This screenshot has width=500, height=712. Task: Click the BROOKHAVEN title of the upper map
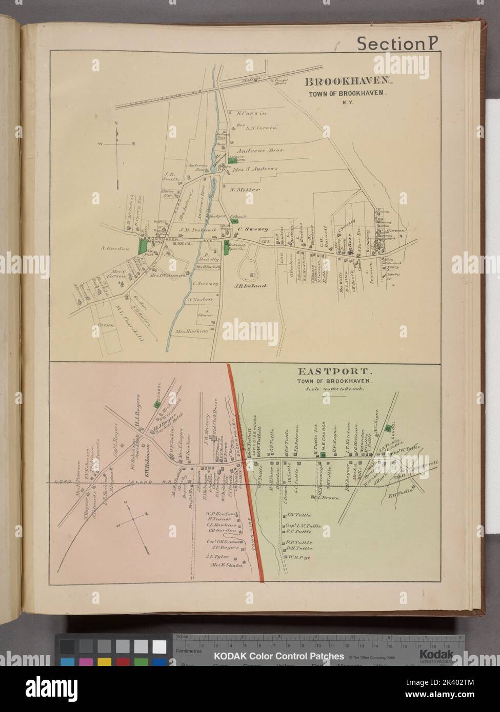[x=349, y=81]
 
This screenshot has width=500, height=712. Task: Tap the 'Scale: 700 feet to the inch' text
[x=343, y=388]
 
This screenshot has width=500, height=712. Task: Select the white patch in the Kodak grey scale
[x=159, y=647]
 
